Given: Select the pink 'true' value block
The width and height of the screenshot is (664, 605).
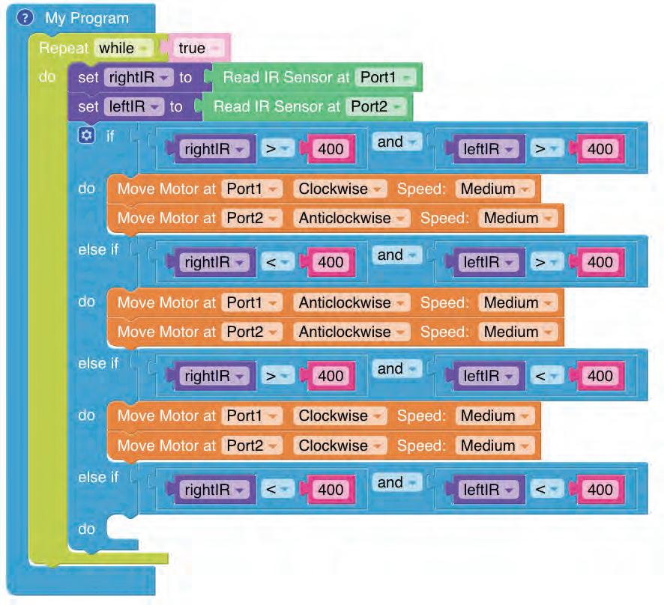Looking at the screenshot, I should [197, 49].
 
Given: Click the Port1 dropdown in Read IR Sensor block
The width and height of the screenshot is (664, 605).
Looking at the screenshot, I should [385, 77].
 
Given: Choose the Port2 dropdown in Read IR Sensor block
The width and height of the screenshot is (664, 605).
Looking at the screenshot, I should [375, 106].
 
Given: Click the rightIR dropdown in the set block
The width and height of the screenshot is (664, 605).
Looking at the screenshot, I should [139, 77].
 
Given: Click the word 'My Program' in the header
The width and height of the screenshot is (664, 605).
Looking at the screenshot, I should [87, 18].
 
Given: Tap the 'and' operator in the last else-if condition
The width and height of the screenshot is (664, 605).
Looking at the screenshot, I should [394, 483].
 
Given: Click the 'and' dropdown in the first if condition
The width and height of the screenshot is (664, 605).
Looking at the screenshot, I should [394, 142].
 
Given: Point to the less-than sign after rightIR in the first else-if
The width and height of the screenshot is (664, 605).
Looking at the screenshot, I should [276, 262].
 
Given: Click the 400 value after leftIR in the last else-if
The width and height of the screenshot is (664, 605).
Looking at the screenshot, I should [600, 490].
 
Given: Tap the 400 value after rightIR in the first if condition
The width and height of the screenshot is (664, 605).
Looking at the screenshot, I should [330, 149].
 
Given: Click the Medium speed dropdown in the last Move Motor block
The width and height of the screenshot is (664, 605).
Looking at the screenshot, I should [494, 446].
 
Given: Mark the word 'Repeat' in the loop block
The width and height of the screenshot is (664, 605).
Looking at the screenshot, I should [64, 49].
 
